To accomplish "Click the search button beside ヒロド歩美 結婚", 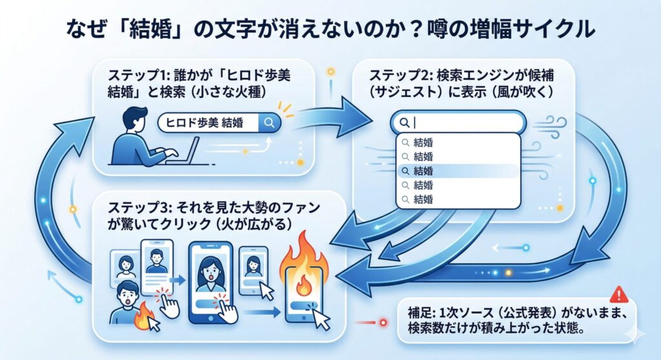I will click(269, 123).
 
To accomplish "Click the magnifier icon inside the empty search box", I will click(404, 122).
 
